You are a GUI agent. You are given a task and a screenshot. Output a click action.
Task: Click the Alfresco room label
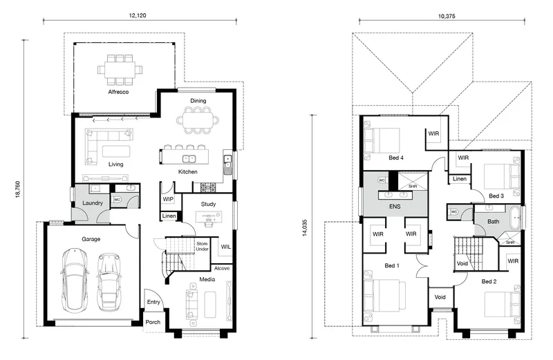(x=118, y=92)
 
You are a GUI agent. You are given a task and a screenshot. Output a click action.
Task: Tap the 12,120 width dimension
(x=138, y=15)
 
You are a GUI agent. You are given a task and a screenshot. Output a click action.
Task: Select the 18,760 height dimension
(x=18, y=189)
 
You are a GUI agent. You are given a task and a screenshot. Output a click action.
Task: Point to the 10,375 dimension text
(x=447, y=16)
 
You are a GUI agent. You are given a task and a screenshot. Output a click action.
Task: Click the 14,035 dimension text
(x=305, y=228)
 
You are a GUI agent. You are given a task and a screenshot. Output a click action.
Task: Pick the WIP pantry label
(x=168, y=199)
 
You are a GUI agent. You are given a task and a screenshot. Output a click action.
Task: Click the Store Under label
(x=202, y=247)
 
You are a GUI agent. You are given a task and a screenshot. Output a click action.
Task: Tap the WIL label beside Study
(x=226, y=247)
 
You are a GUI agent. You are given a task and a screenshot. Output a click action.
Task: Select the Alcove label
(x=222, y=268)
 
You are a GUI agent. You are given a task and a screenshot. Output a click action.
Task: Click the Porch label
(x=153, y=322)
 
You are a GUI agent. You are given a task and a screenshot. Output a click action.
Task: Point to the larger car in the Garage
(x=74, y=281)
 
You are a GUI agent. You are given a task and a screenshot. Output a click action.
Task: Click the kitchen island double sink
(x=189, y=159)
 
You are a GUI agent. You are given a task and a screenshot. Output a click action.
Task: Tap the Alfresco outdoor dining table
(x=120, y=70)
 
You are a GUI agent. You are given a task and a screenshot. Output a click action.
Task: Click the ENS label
(x=395, y=207)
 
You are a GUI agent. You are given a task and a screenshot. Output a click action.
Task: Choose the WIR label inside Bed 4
(x=433, y=133)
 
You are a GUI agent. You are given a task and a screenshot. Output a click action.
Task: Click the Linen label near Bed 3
(x=460, y=179)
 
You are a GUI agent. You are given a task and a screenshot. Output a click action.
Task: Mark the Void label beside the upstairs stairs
(x=462, y=263)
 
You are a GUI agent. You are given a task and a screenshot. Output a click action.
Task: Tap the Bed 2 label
(x=489, y=281)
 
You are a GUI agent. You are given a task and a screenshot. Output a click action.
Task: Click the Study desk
(x=209, y=216)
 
